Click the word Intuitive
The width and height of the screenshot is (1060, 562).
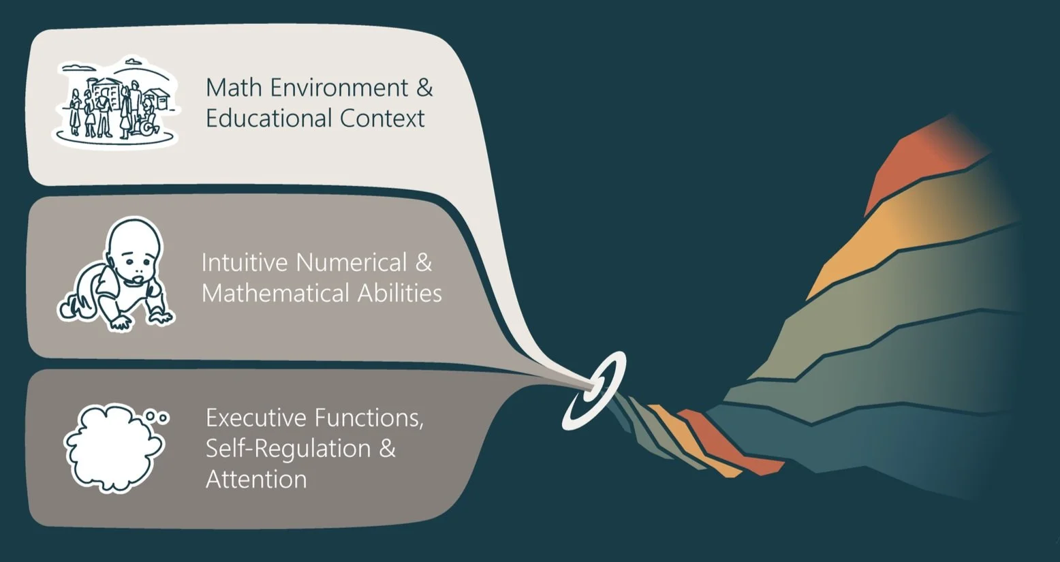(x=245, y=262)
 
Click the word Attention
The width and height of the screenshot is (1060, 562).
(x=256, y=480)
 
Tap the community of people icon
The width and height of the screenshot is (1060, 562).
(x=116, y=102)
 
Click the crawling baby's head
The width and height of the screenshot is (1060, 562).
(x=136, y=249)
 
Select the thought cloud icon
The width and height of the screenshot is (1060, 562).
(x=112, y=448)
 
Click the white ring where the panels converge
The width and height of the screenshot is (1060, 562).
(x=594, y=390)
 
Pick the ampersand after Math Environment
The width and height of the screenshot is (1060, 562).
(x=424, y=88)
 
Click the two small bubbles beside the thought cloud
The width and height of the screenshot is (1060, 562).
(x=158, y=416)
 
